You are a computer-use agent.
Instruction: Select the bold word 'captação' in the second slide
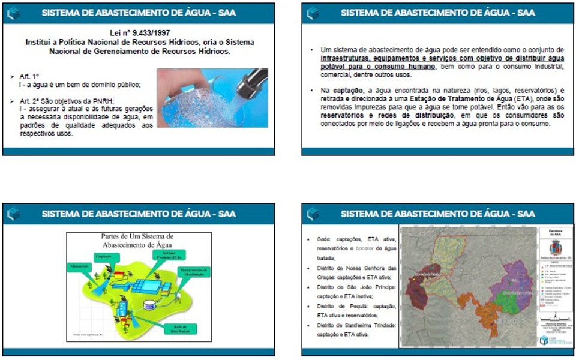[x=341, y=89]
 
